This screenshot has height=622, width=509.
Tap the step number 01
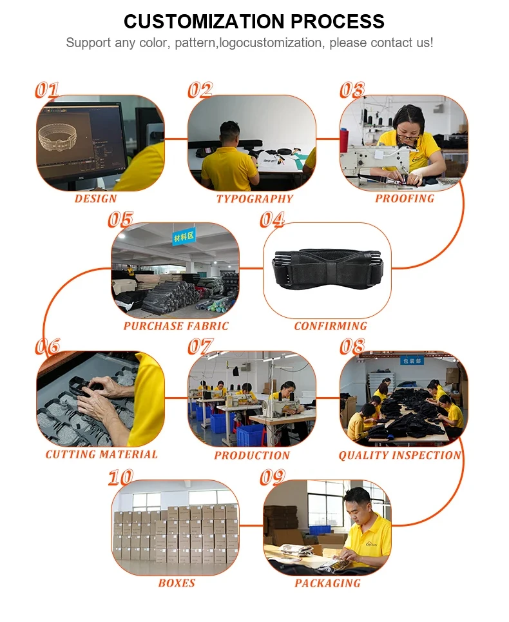click(47, 90)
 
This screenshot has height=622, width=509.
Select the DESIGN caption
click(96, 199)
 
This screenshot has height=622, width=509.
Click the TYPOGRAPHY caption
click(254, 199)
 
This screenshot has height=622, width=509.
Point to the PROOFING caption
click(405, 199)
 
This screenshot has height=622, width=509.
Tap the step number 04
click(273, 219)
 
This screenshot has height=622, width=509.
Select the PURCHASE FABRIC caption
click(176, 326)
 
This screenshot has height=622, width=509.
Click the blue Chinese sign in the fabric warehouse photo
click(184, 237)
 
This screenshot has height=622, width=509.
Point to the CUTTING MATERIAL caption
click(102, 454)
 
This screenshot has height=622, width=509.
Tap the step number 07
click(200, 346)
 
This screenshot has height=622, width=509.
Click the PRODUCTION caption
click(252, 455)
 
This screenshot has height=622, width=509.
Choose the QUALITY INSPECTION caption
click(400, 455)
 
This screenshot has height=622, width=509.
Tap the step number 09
click(273, 477)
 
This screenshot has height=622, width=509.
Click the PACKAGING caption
click(327, 583)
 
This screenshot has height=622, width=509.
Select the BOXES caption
click(177, 583)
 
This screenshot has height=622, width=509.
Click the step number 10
click(120, 477)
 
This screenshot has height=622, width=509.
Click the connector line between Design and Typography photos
click(176, 139)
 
